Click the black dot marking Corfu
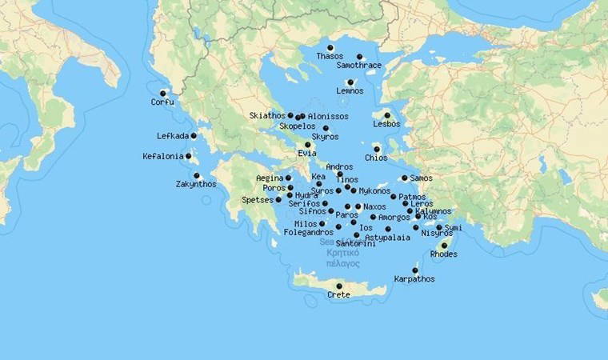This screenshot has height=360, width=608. point(163,93)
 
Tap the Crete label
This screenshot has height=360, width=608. point(338,295)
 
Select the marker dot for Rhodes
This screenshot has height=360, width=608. point(444,246)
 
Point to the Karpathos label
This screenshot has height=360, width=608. point(414,279)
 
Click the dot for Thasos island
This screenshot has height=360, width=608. point(330,48)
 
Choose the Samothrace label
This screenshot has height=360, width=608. point(358,66)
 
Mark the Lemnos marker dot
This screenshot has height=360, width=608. point(350,82)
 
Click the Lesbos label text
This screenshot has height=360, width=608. point(386,124)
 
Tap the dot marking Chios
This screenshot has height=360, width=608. point(376,149)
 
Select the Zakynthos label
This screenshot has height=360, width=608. point(196,184)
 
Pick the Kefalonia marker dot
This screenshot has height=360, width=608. point(189,156)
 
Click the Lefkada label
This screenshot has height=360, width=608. point(173,136)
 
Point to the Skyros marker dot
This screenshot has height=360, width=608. point(326,128)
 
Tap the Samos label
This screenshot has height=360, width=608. point(421,178)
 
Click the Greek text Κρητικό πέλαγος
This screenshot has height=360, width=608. point(342,258)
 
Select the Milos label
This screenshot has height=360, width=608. point(306,224)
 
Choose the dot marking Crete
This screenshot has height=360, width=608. point(339,286)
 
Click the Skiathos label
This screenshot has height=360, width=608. point(266,115)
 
